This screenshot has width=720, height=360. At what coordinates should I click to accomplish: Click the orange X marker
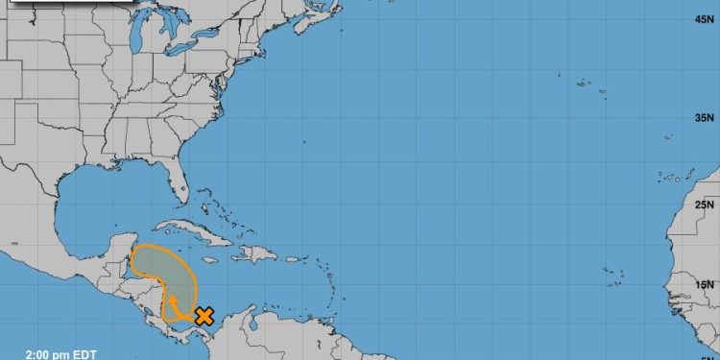pos(204,315)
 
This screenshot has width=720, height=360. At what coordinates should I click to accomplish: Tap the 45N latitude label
pos(703,19)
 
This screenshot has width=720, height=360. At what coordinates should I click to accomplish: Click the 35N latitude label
pos(703,118)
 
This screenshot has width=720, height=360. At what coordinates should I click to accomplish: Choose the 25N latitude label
pos(703,204)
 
